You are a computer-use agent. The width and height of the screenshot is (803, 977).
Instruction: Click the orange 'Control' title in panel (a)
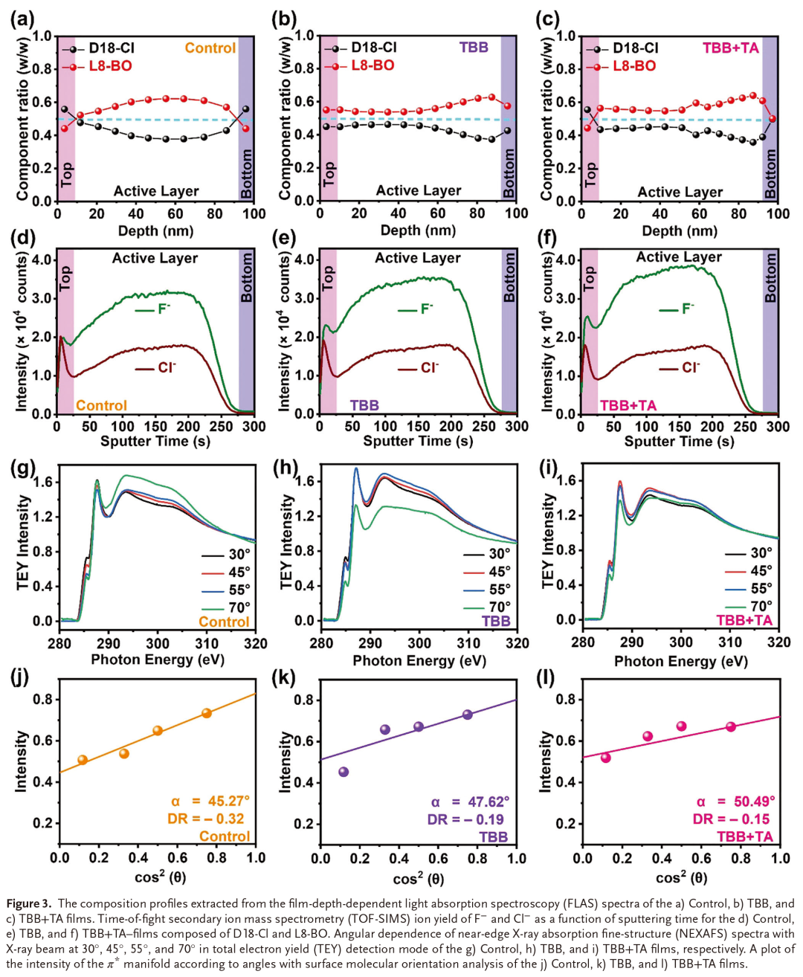210,48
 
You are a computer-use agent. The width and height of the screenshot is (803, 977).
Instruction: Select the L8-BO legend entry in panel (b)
372,65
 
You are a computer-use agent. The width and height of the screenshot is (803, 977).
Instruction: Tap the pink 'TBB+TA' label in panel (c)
730,48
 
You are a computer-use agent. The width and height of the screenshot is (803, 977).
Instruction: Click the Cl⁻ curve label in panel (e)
429,368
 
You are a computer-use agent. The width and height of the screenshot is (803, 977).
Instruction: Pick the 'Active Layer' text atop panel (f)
679,257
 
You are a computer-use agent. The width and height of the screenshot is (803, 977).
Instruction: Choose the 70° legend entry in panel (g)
239,607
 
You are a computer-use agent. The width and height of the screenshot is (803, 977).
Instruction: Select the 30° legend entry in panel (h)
499,554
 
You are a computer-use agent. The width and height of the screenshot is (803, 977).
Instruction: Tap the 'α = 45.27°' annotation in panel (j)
210,801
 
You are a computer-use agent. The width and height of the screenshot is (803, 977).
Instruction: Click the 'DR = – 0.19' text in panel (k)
465,819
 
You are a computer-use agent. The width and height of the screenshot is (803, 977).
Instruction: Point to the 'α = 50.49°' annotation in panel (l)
735,802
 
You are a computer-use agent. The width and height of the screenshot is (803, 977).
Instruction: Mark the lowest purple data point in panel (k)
344,772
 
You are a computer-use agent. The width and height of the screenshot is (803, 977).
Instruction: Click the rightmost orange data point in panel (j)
207,713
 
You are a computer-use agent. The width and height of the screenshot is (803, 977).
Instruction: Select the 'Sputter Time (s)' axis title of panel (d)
155,442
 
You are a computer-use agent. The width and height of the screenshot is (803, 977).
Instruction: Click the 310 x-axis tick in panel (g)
207,643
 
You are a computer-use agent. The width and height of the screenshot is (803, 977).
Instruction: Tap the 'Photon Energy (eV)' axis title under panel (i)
680,661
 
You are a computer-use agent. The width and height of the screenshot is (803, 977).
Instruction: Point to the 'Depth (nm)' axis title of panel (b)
418,230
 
